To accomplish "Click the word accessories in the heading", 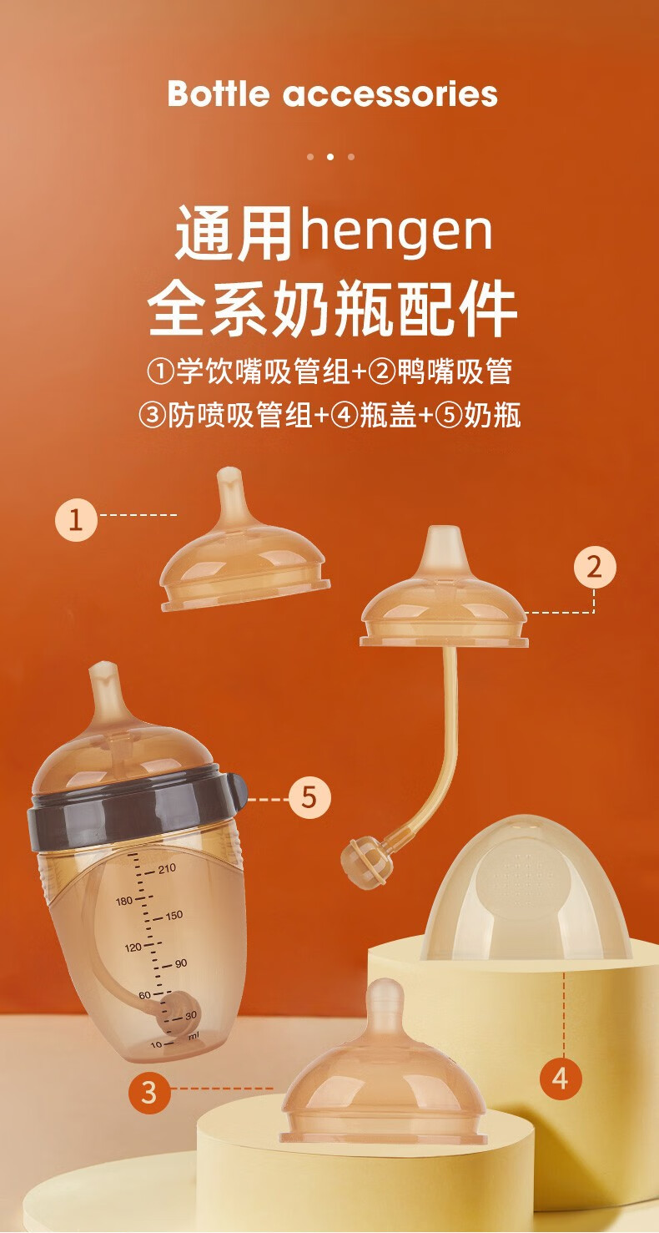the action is point(390,94).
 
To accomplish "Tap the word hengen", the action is point(395,230).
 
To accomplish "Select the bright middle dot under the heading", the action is point(330,157).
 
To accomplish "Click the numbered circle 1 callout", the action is point(76,519).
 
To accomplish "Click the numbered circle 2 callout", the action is point(595,566).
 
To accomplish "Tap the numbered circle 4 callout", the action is point(561,1077).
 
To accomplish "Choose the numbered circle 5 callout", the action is point(310,796).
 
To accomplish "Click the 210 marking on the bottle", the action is point(167,868).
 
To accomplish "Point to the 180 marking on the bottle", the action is point(124,901).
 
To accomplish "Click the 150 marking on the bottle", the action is point(174,916).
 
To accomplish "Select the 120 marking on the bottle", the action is point(133,947).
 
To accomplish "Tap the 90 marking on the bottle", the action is point(181,963).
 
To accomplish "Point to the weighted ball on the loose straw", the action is point(363,861).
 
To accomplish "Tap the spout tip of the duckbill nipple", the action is point(444,537).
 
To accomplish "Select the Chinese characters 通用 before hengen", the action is point(234,233).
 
